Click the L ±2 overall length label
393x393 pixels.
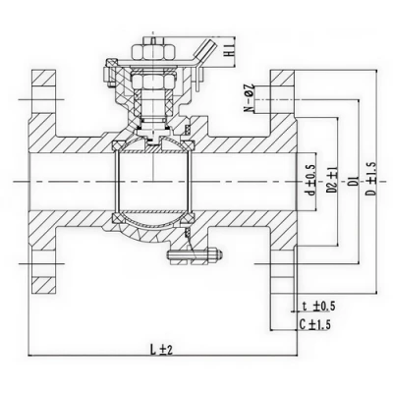162,348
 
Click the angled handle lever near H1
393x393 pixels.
204,49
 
